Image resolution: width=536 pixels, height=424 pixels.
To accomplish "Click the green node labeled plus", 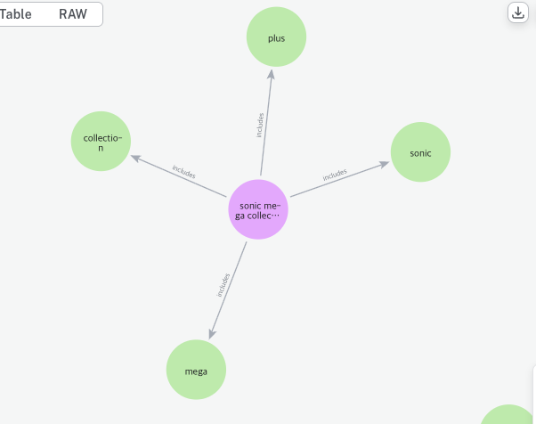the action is pos(276,37).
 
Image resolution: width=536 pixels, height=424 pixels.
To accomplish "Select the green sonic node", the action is pos(420,152).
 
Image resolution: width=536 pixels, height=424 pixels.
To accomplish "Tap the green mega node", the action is pos(196,370).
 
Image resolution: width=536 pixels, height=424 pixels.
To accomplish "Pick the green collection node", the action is pos(101,142).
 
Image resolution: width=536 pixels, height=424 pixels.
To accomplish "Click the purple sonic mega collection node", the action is pos(258,210).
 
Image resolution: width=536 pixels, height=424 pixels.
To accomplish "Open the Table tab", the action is pos(16,14).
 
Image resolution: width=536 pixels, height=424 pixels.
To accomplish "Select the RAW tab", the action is pos(73,14).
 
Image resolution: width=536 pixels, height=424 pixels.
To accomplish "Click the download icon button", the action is pos(518,12).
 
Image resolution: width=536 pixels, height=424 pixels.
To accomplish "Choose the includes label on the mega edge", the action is pos(223,284).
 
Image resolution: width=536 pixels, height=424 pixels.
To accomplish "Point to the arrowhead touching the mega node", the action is pos(211,333).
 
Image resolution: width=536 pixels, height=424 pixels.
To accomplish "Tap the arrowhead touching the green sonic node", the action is pos(385,163).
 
